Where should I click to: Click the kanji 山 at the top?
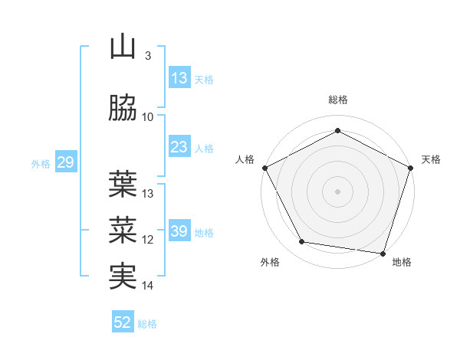[x=123, y=47]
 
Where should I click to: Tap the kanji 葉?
[x=123, y=184]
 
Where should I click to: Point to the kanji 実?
[x=123, y=276]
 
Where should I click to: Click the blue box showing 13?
[x=179, y=77]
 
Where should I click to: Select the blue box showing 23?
[x=179, y=147]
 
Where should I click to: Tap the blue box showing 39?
[x=179, y=231]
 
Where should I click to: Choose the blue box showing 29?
[x=65, y=162]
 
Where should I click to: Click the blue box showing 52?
[x=123, y=322]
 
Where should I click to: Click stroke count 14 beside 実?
[x=148, y=286]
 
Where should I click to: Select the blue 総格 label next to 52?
[x=148, y=324]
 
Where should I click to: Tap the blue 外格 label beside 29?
[x=41, y=163]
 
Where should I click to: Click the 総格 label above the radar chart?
[x=338, y=100]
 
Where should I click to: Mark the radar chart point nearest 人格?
[x=265, y=168]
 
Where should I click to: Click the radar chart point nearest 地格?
[x=383, y=252]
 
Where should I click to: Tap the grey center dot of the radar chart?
[x=338, y=191]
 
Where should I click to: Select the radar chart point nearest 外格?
[x=302, y=242]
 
